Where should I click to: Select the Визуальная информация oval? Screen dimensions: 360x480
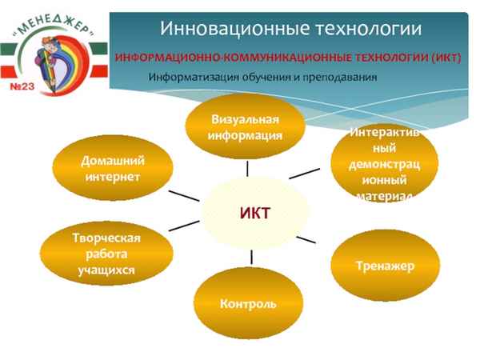[x=246, y=126]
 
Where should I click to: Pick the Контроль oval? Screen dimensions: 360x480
[x=248, y=304]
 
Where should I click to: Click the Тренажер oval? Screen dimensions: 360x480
[x=385, y=266]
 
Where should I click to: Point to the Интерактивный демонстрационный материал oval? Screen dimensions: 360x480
[x=383, y=164]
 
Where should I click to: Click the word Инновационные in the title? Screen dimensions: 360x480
[x=218, y=29]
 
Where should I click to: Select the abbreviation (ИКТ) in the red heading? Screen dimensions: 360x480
[x=432, y=59]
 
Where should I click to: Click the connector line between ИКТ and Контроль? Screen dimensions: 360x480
[x=251, y=257]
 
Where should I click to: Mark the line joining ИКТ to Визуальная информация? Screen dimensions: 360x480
[x=248, y=167]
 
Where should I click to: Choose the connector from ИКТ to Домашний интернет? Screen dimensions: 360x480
[x=184, y=194]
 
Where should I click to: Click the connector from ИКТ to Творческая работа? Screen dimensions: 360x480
[x=186, y=225]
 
